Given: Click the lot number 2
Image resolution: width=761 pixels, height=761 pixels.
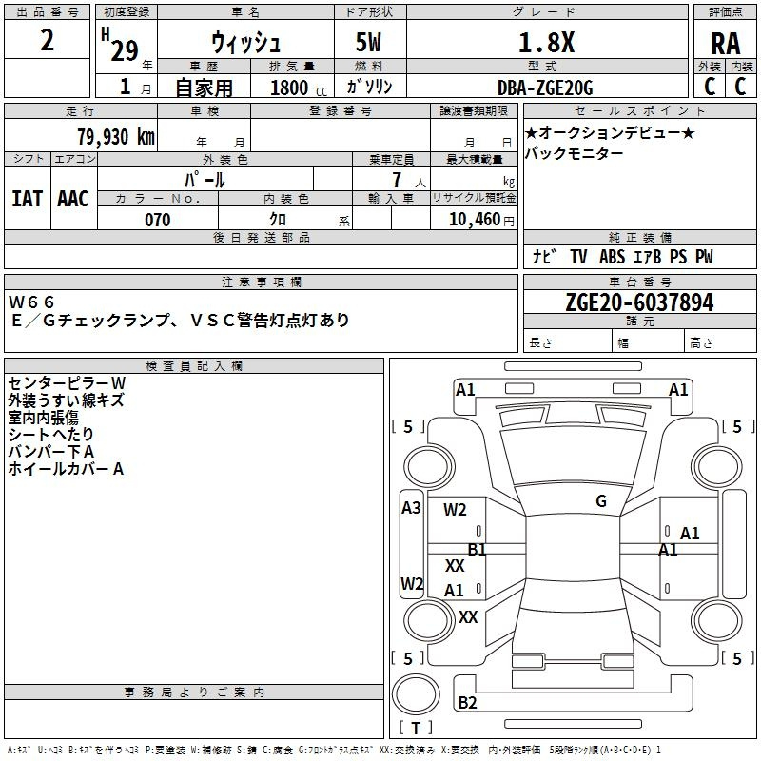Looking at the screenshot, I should point(48,43).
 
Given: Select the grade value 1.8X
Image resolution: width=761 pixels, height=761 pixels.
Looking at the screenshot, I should point(546,43).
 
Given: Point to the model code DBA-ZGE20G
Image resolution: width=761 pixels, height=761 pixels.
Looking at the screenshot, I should point(545,88).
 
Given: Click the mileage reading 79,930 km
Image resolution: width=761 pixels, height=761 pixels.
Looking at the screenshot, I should point(115,137).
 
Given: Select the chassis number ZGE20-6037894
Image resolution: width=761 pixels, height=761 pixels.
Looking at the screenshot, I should point(639,302).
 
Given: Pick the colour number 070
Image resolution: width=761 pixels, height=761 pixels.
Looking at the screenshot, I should point(157,220).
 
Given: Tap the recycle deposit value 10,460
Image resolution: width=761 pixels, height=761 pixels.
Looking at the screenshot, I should point(473,220).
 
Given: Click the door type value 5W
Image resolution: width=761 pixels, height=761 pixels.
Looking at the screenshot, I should point(370,43).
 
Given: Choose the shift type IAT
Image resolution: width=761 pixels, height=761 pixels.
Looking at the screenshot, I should point(27,198).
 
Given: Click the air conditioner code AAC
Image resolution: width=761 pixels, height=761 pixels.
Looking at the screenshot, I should point(72,198).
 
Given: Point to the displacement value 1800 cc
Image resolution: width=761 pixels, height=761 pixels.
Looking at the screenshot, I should point(294,88).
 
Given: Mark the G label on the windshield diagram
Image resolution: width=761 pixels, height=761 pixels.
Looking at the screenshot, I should point(601,501).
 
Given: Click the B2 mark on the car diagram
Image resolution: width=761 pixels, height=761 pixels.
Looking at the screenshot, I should point(467,703).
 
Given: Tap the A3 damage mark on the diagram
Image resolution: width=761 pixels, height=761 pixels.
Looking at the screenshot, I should point(411,507).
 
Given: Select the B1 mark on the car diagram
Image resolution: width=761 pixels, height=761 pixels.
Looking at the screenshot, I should point(477,549).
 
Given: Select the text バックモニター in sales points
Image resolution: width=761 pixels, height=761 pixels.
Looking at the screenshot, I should point(575,154).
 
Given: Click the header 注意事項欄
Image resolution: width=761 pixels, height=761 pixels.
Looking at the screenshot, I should point(262,283).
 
